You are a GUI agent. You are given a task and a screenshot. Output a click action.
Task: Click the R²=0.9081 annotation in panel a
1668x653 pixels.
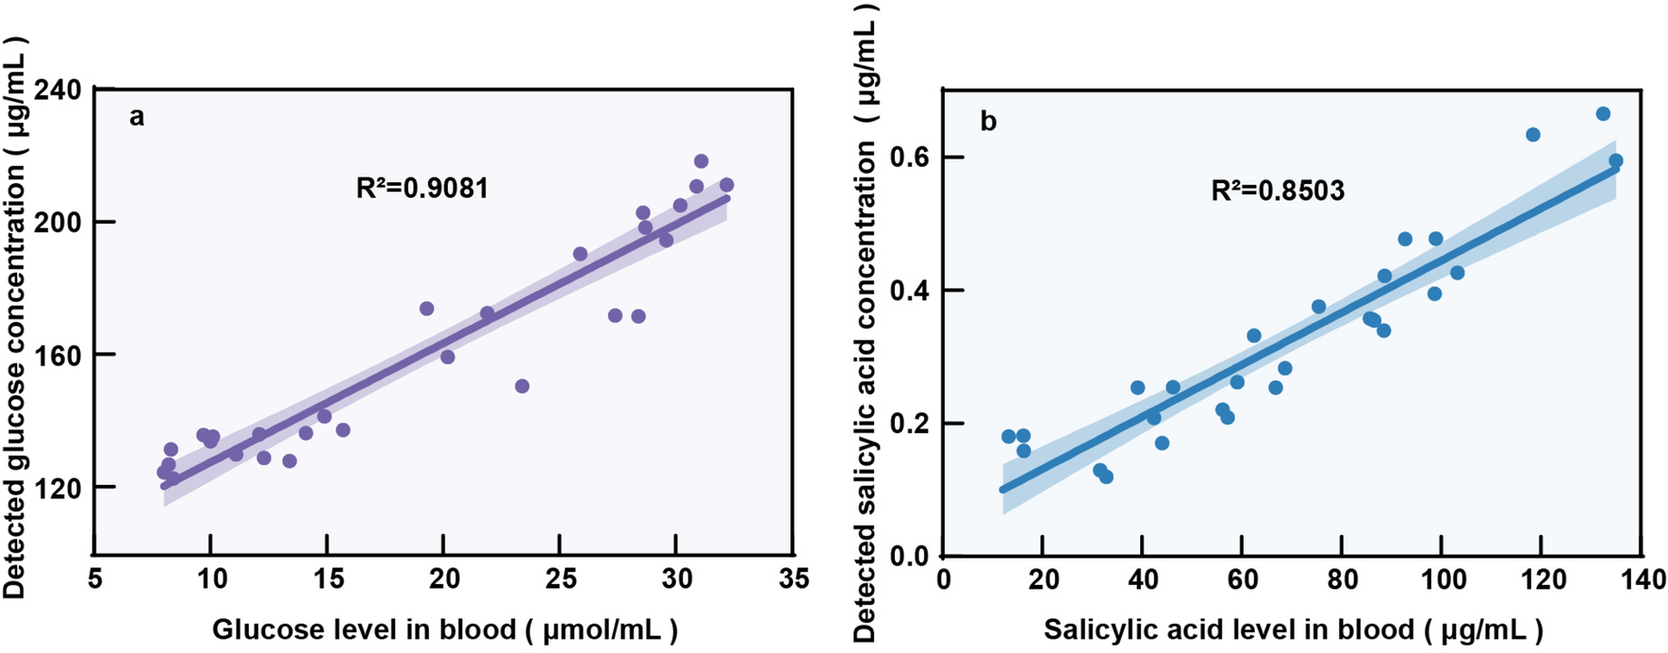point(422,188)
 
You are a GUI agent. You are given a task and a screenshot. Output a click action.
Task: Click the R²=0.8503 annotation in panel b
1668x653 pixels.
point(1278,192)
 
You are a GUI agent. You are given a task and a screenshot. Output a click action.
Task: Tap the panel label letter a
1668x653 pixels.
point(138,117)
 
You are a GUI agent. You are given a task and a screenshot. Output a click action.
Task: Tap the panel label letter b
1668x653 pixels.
point(988,122)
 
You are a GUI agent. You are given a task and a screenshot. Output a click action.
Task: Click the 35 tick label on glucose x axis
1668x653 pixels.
point(794,578)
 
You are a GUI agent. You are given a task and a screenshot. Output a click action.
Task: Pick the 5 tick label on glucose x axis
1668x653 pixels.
point(94,578)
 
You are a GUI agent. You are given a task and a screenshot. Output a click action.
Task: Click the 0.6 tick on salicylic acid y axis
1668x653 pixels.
point(910,157)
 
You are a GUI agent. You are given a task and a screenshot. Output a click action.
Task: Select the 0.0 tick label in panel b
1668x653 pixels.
point(910,556)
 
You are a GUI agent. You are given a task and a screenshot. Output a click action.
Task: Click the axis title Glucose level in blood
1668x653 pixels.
point(444,630)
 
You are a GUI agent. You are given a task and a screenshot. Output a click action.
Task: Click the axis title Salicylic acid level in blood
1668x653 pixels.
point(1293,630)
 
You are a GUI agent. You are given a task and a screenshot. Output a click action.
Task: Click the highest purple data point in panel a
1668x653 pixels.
point(701,161)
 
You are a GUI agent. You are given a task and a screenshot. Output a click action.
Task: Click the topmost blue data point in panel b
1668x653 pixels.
point(1602,114)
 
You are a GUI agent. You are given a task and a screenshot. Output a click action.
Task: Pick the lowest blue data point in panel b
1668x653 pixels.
point(1106,477)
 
